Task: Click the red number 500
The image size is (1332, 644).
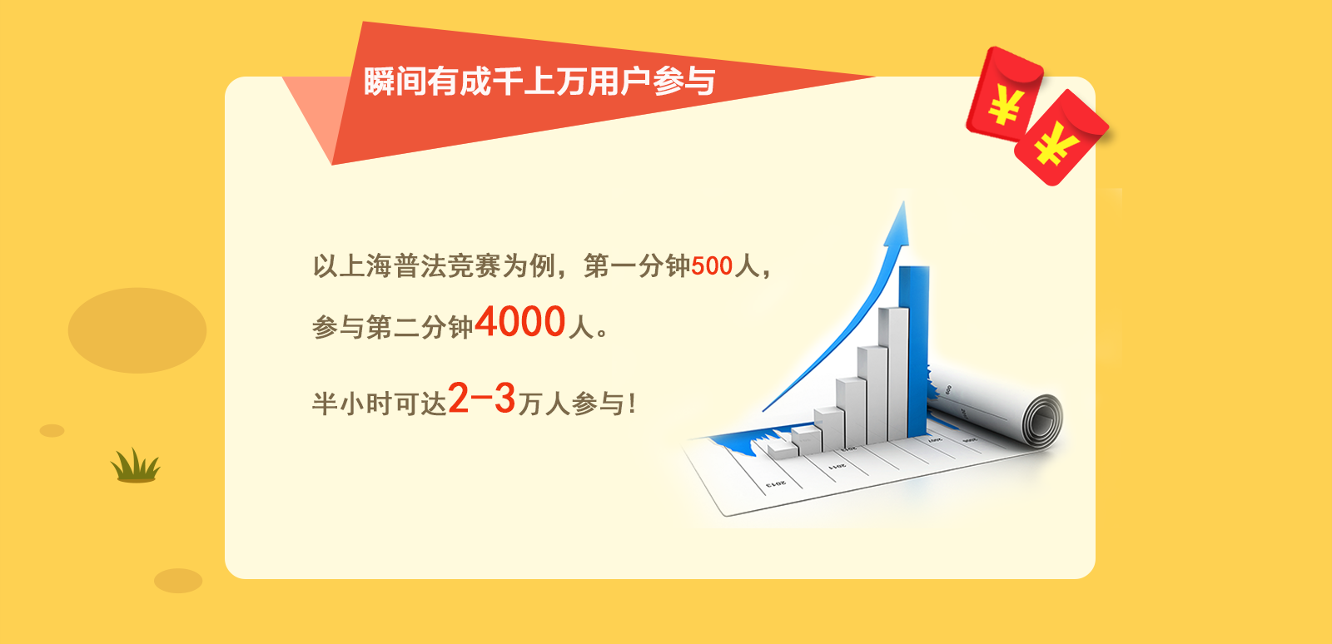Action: coord(711,265)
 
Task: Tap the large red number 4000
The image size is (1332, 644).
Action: coord(520,321)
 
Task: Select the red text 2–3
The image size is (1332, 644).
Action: coord(482,398)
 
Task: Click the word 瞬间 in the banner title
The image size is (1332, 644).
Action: coord(395,82)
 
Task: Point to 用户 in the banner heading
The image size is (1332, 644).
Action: coord(619,82)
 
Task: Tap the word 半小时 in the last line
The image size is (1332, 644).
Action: coord(352,404)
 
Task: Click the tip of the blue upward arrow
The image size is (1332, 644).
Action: coord(904,201)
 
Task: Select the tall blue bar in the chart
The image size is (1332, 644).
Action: coord(915,350)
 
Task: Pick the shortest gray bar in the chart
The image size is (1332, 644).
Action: coord(782,452)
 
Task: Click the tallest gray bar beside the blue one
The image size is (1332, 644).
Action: coord(893,374)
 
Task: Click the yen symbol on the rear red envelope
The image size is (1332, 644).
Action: coord(1006,105)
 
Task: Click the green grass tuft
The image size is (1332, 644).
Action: coord(136,465)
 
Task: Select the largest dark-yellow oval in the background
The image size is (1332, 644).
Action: coord(137,330)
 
